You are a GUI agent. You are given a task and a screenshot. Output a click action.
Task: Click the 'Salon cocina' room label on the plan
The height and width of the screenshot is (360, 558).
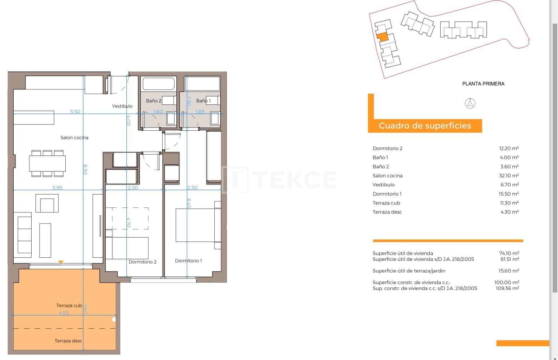(74, 137)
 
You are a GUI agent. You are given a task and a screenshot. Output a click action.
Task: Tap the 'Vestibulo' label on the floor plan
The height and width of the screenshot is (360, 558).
(122, 106)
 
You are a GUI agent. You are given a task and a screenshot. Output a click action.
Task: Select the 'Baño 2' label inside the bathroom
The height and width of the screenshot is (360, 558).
(153, 101)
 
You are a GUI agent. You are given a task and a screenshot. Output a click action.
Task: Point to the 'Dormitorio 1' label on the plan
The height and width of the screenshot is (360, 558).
(188, 261)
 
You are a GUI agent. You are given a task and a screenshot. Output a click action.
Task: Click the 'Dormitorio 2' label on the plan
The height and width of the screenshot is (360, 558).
(143, 262)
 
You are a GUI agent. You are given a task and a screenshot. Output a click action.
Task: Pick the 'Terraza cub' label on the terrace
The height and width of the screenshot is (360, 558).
(69, 305)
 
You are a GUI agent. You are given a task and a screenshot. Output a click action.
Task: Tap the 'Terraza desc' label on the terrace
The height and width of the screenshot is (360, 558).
(68, 341)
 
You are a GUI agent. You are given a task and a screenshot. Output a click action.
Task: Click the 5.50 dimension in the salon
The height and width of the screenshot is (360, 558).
(75, 112)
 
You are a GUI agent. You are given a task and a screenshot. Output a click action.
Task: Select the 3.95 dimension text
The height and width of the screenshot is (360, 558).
(57, 188)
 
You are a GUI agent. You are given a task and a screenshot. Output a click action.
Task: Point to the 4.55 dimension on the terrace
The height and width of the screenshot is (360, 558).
(64, 313)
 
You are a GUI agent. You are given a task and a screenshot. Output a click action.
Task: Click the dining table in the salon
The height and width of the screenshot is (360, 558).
(47, 164)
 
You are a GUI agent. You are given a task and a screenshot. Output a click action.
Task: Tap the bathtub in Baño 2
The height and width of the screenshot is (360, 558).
(158, 84)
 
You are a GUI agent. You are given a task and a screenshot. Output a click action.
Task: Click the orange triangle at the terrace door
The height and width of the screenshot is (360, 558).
(61, 262)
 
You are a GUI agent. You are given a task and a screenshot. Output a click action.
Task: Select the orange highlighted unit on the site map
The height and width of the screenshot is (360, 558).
(382, 37)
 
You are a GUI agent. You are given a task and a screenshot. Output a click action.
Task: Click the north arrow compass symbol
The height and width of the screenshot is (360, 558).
(470, 103)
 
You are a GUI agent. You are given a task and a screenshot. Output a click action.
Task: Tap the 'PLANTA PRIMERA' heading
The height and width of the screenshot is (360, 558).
(483, 84)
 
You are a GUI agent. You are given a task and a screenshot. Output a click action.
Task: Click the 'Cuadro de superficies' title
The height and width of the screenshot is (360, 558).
(425, 126)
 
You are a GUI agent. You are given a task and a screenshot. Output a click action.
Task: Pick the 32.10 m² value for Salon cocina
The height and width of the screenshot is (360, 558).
(508, 176)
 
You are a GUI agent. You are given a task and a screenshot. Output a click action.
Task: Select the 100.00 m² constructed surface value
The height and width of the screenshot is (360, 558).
(506, 282)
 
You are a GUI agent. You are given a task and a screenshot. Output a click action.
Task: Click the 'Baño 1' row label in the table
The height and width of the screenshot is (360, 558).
(380, 157)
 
